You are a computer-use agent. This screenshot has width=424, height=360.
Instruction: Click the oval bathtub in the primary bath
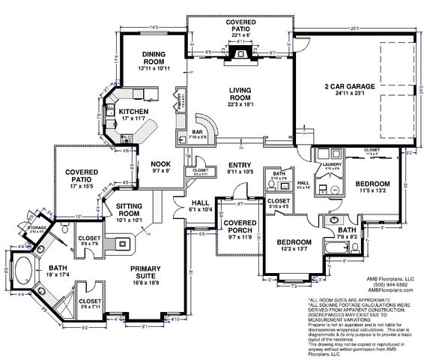point(21,268)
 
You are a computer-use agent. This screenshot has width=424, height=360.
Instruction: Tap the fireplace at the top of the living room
point(241,59)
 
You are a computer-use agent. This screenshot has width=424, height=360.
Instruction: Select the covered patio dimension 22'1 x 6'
point(241,36)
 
